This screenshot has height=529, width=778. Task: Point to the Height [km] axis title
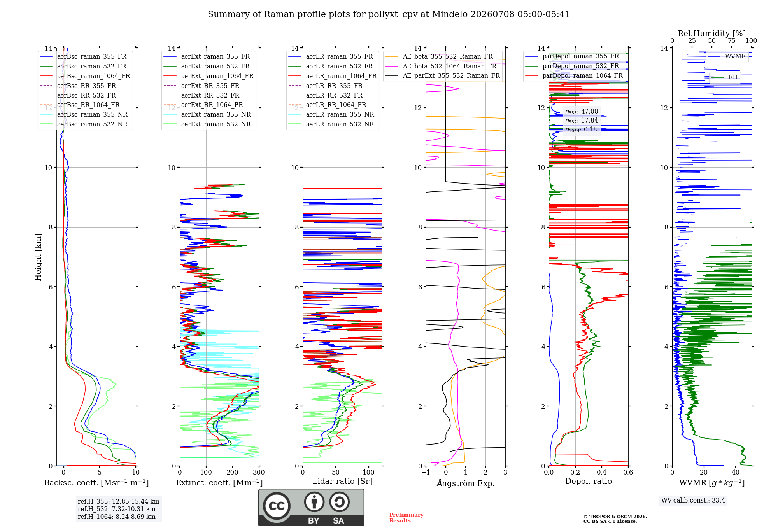[38, 257]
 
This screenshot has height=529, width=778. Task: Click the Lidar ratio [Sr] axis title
[342, 481]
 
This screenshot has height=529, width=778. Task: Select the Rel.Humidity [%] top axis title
[712, 33]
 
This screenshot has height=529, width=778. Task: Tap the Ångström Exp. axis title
[466, 483]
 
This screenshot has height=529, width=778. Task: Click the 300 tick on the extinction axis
[259, 472]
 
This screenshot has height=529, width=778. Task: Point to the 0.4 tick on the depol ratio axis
[602, 472]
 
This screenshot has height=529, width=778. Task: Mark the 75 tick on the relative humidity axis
[732, 41]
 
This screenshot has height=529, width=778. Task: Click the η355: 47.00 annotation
[582, 112]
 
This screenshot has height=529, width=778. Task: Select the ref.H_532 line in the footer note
[116, 509]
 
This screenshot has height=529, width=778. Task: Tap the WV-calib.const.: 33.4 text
[693, 500]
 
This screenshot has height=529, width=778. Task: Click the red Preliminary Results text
[407, 518]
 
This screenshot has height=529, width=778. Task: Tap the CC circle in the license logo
[277, 506]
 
